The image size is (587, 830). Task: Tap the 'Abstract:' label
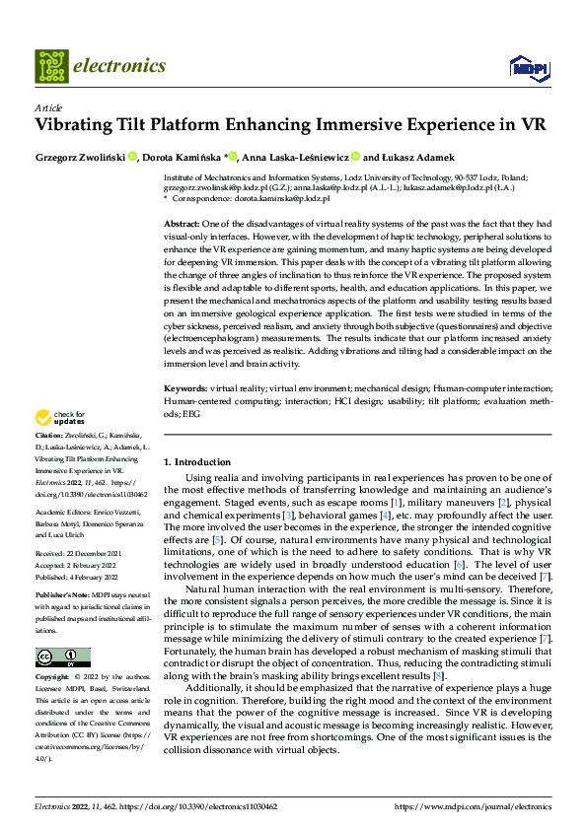tap(183, 225)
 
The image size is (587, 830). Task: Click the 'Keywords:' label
tap(185, 390)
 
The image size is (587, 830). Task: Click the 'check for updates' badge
tap(61, 417)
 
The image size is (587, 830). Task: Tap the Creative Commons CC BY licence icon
tap(62, 657)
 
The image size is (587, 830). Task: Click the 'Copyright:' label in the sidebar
tap(52, 678)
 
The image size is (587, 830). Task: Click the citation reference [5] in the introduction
tap(219, 539)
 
